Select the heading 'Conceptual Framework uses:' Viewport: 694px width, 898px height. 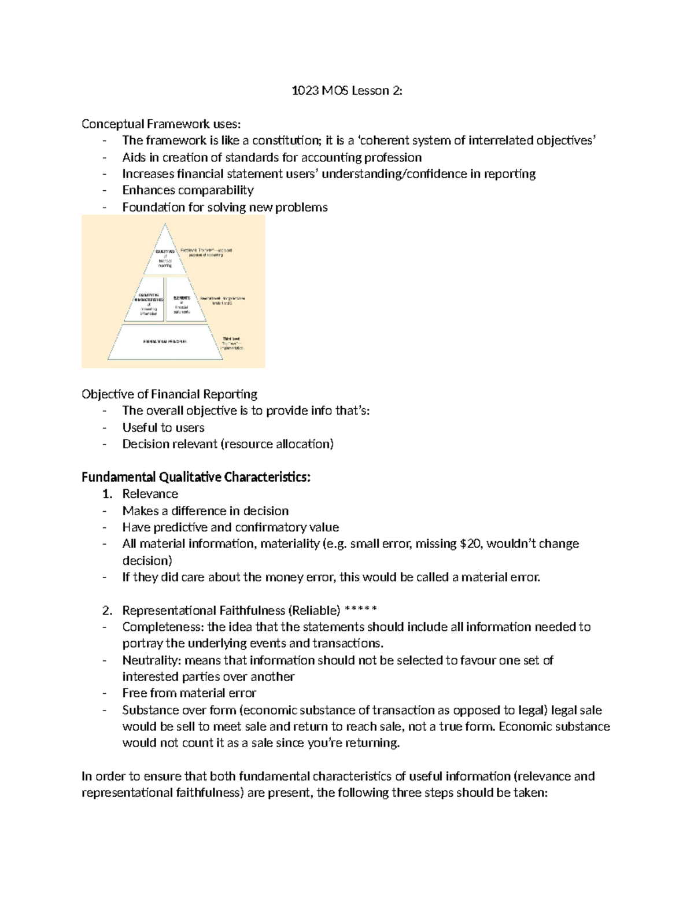click(160, 124)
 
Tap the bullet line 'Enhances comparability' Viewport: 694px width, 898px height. click(188, 190)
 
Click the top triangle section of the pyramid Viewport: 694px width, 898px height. click(165, 254)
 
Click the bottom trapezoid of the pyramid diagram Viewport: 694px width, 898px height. click(165, 342)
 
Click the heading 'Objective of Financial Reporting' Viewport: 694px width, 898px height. click(169, 394)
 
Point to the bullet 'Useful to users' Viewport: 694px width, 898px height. click(163, 428)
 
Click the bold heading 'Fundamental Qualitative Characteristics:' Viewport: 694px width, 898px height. click(196, 478)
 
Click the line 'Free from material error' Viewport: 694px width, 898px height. click(189, 693)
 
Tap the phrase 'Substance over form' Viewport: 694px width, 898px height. click(179, 710)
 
